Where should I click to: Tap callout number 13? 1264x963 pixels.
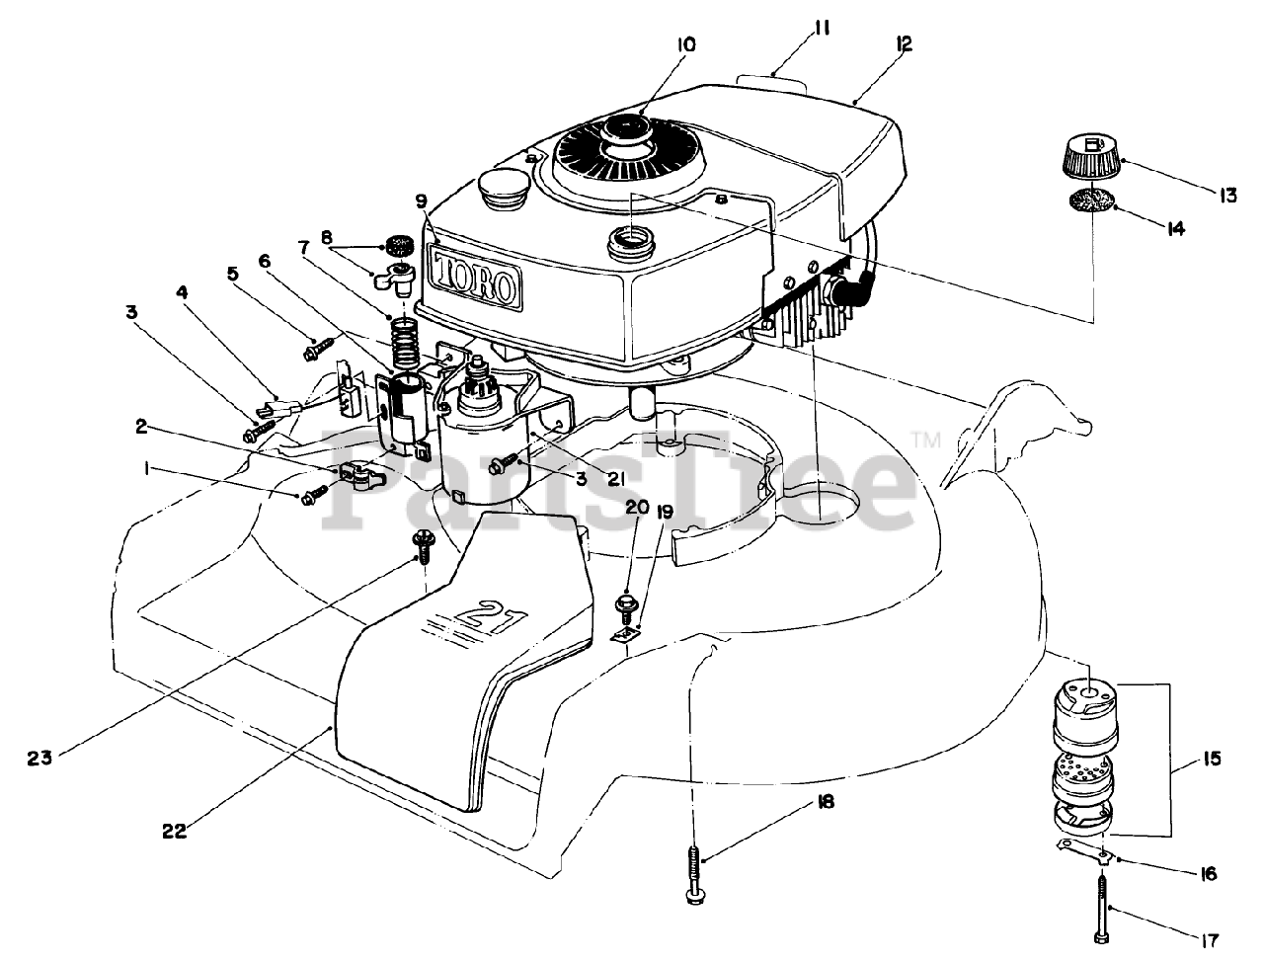pos(1227,196)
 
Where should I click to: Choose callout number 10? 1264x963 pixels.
pos(686,44)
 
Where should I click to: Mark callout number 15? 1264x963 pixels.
pos(1211,760)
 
